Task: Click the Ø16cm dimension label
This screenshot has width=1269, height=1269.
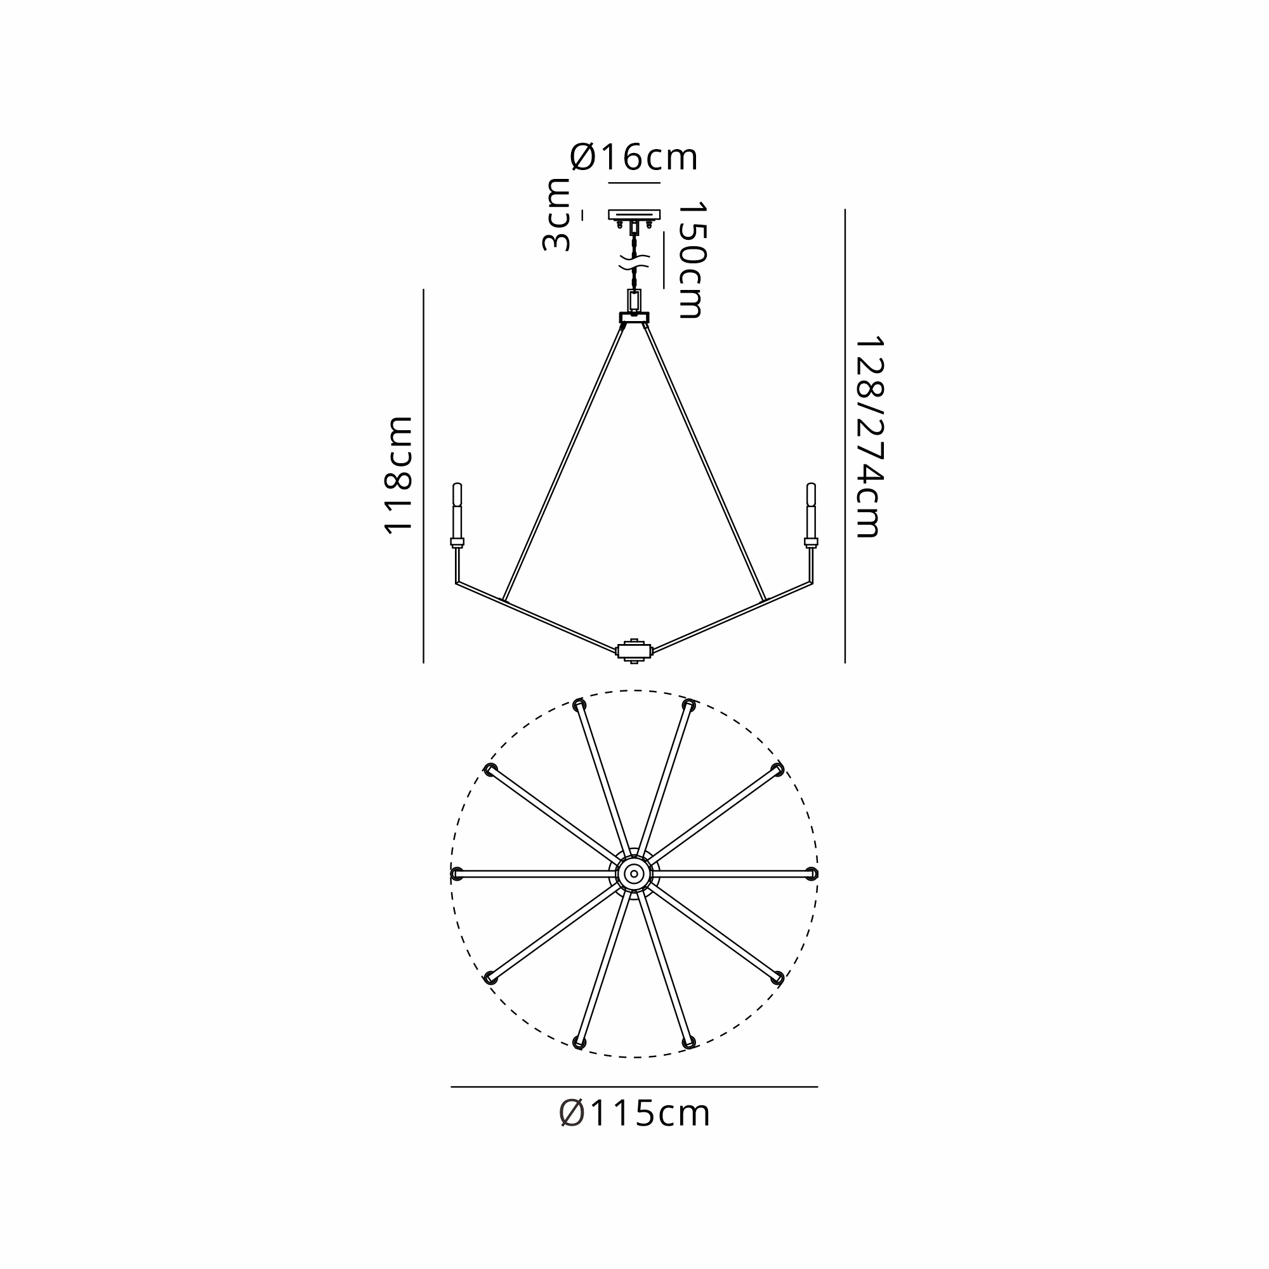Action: click(634, 157)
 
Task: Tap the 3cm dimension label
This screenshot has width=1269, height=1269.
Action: click(556, 215)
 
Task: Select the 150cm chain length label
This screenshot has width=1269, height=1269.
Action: click(692, 260)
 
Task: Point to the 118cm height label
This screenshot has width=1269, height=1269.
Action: click(398, 475)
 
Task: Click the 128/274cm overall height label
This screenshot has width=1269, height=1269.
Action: click(869, 437)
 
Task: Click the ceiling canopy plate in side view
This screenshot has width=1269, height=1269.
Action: click(634, 214)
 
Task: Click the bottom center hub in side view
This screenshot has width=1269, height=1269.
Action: click(634, 651)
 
